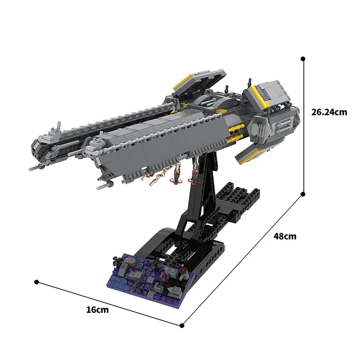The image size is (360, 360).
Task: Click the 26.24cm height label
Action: pos(329,112)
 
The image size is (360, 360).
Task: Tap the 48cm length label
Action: pos(285,236)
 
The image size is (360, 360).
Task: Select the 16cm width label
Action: pos(97,310)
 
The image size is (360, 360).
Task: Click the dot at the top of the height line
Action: pos(303,58)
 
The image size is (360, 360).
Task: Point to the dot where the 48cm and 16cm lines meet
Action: pos(182,325)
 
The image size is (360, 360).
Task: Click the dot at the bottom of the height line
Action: pos(303,194)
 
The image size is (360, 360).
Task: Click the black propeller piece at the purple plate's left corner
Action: pos(117,260)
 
